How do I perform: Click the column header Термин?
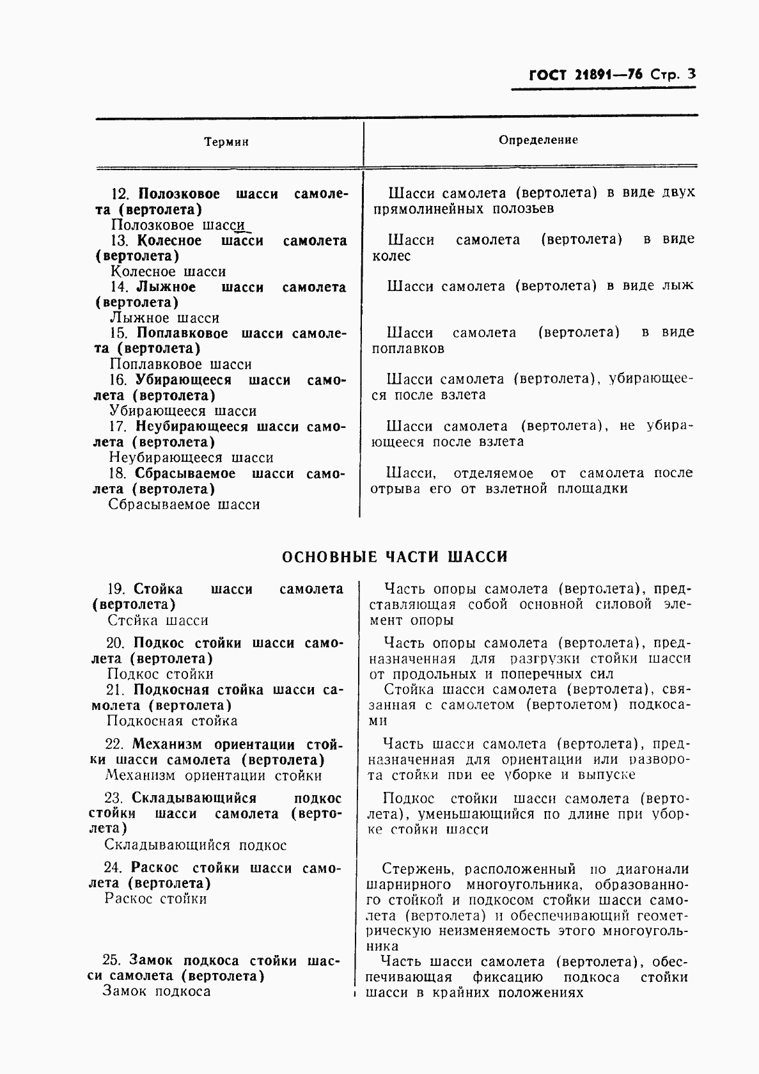tap(226, 142)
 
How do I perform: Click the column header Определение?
tap(538, 139)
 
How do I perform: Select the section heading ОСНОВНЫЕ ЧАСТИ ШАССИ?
tap(395, 557)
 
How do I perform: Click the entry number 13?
tap(120, 241)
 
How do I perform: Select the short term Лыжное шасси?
tap(164, 318)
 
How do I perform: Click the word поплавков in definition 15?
tap(408, 349)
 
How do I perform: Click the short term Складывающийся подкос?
tap(195, 845)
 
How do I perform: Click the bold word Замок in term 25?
tap(152, 961)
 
